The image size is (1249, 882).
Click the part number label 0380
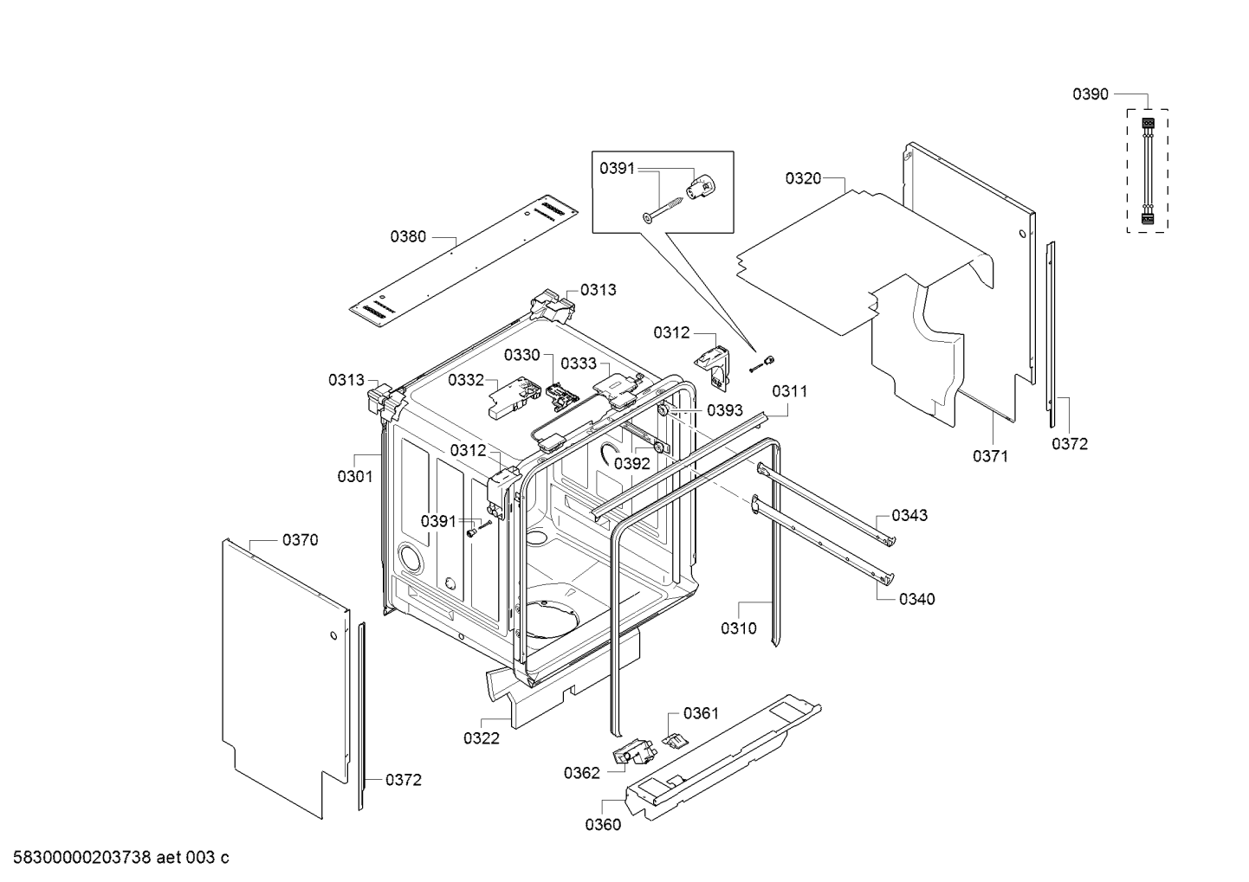coord(408,235)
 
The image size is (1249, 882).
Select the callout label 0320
coord(803,178)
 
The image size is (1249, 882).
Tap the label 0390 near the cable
coord(1090,94)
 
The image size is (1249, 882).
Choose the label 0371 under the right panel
coord(990,456)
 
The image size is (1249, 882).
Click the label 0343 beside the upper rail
coord(909,515)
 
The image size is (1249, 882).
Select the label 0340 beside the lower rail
coord(916,599)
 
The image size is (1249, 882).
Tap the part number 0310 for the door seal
coord(739,628)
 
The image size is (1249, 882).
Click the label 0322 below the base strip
coord(482,738)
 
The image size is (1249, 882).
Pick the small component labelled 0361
coord(675,737)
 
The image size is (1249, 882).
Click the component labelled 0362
coord(634,754)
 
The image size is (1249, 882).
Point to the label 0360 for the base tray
coord(603,825)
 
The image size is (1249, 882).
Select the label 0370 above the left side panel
coord(301,540)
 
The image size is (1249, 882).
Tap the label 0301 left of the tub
coord(355,476)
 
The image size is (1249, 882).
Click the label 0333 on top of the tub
coord(579,364)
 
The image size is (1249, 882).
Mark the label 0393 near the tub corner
coord(725,410)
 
